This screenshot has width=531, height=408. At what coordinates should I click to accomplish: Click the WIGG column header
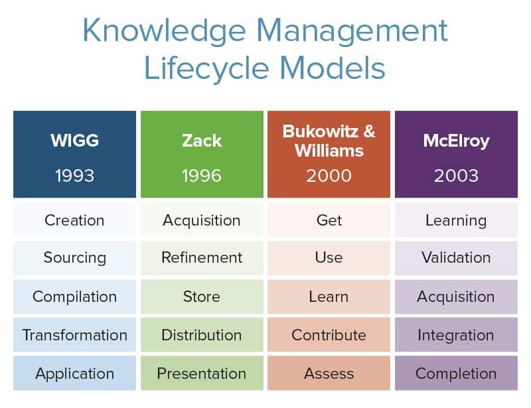74,141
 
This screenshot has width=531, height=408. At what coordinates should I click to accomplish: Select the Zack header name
202,141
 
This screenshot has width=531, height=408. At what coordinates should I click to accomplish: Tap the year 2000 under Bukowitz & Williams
329,176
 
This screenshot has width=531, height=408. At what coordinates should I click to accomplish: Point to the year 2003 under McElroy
456,176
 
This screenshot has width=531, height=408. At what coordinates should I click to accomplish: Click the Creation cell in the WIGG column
74,220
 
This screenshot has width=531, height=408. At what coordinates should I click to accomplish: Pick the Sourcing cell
74,257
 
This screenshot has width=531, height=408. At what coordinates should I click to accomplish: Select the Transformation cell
74,335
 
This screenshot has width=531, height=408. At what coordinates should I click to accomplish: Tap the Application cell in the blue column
74,374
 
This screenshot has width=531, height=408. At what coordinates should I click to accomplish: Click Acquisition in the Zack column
202,220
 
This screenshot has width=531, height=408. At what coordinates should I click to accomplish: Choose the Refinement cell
202,257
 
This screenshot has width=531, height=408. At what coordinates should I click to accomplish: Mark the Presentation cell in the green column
202,374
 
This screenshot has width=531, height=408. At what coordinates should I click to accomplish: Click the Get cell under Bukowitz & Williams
329,220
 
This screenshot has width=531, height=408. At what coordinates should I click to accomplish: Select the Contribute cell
329,335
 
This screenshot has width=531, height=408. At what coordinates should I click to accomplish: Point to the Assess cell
329,374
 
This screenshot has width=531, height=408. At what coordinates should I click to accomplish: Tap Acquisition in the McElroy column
456,297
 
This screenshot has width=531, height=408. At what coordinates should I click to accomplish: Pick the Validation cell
456,257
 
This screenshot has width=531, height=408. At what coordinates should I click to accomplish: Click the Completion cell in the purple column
456,374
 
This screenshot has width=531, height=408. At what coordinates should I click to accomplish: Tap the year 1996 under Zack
202,176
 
